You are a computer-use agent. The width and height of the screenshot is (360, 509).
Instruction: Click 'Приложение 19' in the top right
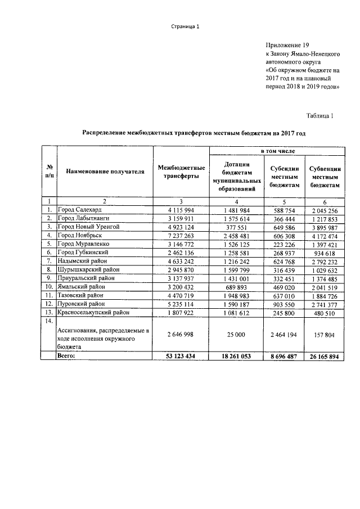287,44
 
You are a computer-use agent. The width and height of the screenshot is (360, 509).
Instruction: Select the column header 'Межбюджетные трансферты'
181,172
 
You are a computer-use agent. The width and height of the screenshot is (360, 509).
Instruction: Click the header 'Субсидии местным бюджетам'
284,176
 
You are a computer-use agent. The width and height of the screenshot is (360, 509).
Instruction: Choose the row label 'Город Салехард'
80,210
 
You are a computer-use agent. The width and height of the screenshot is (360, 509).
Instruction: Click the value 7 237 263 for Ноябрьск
181,235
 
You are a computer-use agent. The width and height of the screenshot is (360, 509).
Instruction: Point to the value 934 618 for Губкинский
325,253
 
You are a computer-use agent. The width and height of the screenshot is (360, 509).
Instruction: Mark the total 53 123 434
181,357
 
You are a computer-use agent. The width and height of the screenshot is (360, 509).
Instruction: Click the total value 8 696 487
284,357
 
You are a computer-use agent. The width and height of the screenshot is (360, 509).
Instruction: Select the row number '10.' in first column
49,286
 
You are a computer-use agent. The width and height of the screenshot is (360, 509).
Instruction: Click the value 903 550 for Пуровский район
284,304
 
